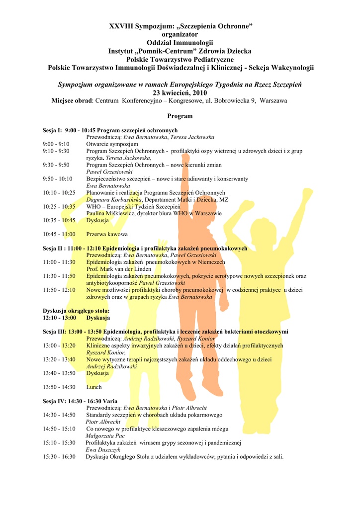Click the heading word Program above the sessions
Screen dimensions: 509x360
pyautogui.click(x=180, y=116)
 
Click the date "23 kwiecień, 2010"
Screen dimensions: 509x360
pyautogui.click(x=180, y=93)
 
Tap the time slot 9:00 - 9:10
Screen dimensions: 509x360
pyautogui.click(x=56, y=144)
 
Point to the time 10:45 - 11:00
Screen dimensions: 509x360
pyautogui.click(x=59, y=234)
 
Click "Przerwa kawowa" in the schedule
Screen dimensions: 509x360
pyautogui.click(x=107, y=234)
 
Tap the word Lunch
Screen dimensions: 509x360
pyautogui.click(x=94, y=387)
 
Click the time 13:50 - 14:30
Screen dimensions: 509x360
pyautogui.click(x=59, y=387)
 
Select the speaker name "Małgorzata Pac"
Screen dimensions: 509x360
pyautogui.click(x=105, y=436)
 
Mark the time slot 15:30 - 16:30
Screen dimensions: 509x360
pyautogui.click(x=59, y=457)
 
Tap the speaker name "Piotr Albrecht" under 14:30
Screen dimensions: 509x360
pyautogui.click(x=103, y=422)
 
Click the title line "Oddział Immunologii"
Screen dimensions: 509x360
pyautogui.click(x=180, y=43)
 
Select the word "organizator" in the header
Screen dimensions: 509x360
pyautogui.click(x=180, y=34)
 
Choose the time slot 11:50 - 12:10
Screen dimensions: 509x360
pyautogui.click(x=59, y=290)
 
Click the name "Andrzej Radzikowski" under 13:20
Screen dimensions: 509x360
pyautogui.click(x=111, y=366)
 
